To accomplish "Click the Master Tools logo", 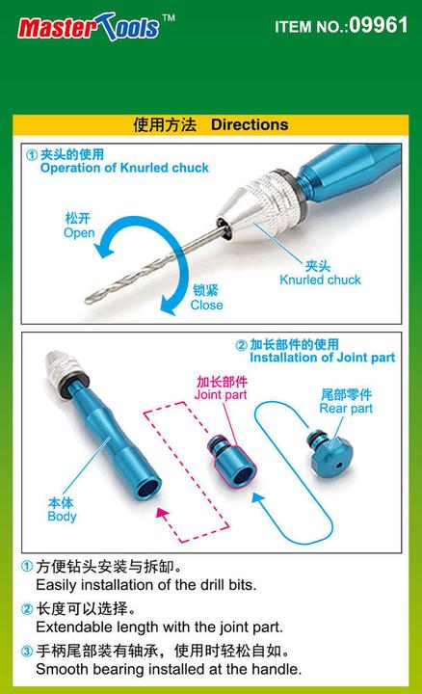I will (88, 27).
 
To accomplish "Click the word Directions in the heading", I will (250, 125).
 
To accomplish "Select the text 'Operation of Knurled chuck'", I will (124, 168).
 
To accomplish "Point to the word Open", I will (79, 233).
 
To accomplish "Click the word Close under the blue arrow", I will (206, 306).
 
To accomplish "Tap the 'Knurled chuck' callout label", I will (320, 280).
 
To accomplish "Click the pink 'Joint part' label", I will (222, 395).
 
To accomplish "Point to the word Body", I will (62, 517).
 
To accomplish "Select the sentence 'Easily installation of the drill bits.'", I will (133, 585).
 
